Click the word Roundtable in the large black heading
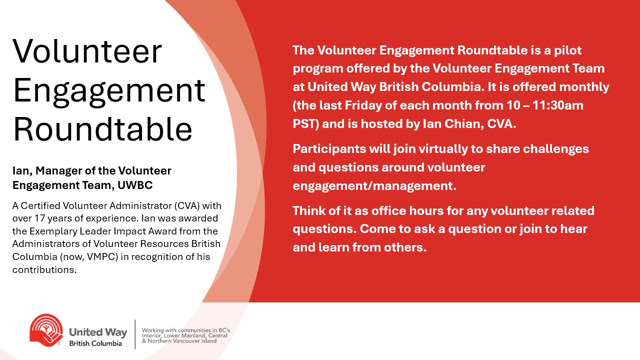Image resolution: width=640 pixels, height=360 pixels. (103, 129)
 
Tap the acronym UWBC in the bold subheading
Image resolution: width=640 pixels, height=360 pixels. (135, 185)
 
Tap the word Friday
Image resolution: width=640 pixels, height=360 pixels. (363, 105)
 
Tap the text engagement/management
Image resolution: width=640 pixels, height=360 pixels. (374, 186)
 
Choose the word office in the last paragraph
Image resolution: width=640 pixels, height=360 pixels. (388, 211)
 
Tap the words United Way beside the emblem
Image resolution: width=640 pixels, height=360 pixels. (98, 332)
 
